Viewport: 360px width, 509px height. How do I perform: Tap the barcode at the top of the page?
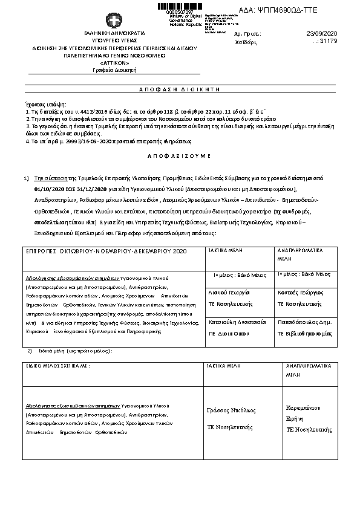tap(179, 6)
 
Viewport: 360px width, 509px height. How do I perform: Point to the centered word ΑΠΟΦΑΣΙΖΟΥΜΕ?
tap(180, 155)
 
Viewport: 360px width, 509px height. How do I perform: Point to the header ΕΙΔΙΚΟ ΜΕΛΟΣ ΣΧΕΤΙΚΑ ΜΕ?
tap(57, 366)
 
